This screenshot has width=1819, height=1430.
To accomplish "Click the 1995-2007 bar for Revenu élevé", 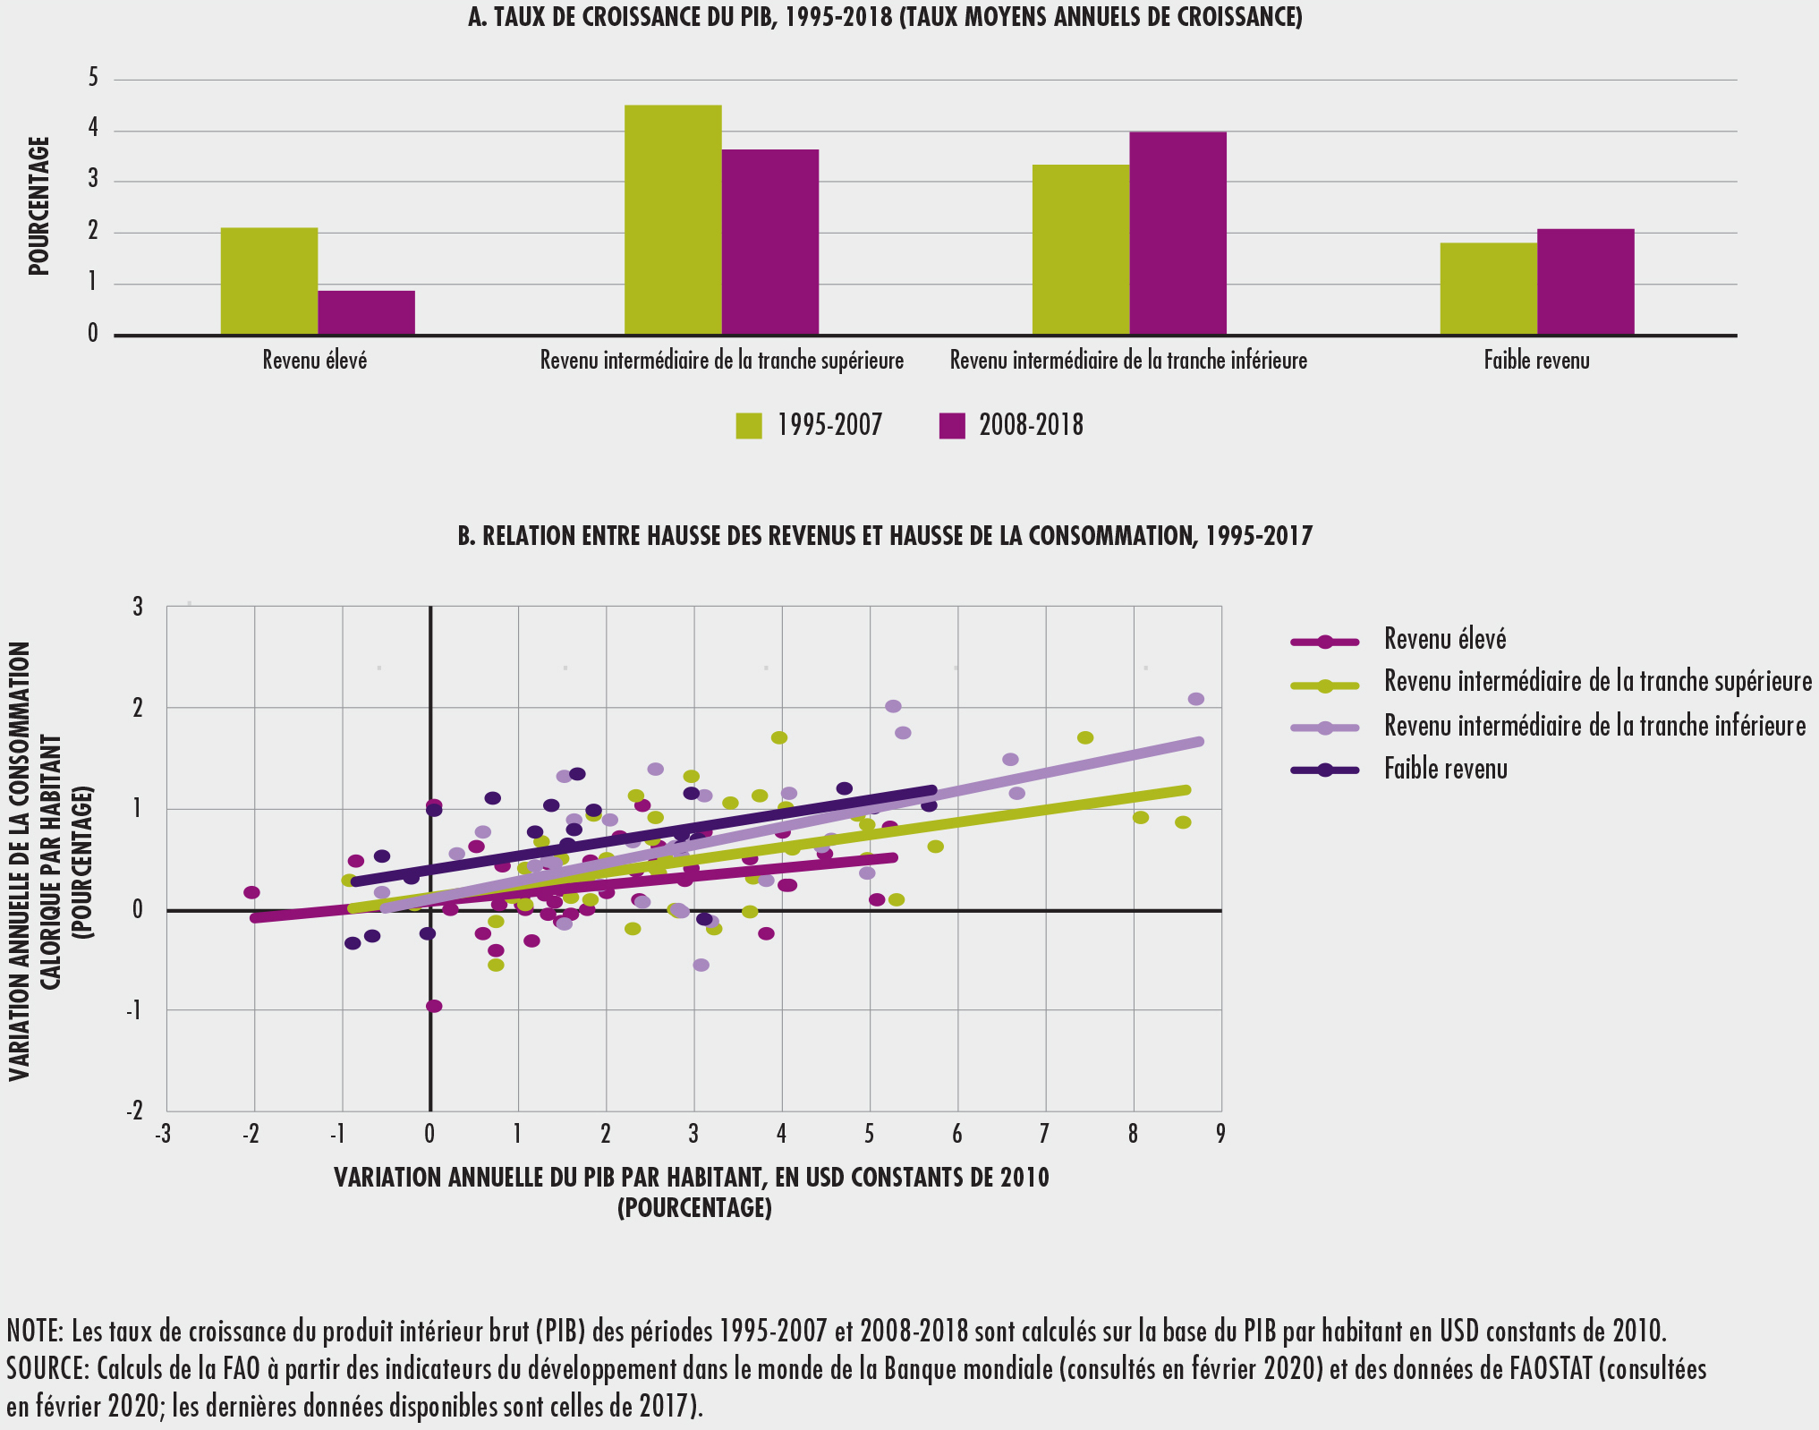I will [269, 281].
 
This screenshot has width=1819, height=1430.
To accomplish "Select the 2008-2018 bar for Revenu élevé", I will [366, 312].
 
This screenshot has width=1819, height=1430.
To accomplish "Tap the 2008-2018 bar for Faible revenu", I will [1585, 282].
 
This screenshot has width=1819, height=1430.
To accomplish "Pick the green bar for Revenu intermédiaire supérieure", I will [673, 220].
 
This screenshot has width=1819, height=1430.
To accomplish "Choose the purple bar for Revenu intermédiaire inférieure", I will [1177, 234].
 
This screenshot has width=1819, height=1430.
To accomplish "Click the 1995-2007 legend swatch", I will [749, 426].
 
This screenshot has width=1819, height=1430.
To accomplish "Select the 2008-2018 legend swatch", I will [952, 426].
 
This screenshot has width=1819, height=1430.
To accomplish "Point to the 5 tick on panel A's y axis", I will [93, 79].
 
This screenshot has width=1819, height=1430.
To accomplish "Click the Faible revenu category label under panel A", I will [1536, 361].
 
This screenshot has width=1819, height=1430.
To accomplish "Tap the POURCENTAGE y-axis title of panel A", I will [38, 206].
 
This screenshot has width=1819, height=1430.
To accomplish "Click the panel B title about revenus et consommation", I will [884, 536].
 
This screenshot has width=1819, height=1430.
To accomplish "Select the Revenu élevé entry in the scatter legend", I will [1445, 640].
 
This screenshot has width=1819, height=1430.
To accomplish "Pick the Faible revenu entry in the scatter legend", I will [1445, 770].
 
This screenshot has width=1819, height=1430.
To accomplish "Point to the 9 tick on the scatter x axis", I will [1220, 1134].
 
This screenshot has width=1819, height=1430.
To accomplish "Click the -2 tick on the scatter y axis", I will [135, 1111].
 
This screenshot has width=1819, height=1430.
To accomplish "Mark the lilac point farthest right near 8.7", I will [1195, 699].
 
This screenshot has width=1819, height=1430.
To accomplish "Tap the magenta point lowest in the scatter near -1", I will [434, 1006].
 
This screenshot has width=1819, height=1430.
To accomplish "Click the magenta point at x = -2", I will [251, 892].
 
